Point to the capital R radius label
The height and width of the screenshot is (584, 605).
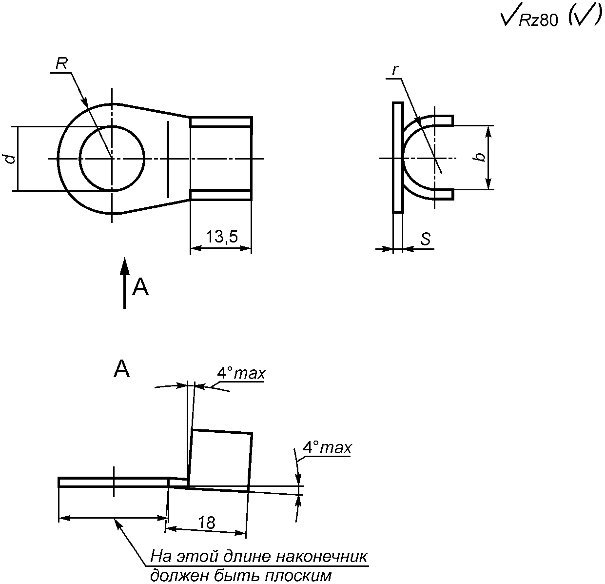pyautogui.click(x=61, y=64)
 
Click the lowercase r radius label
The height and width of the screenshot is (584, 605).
pyautogui.click(x=395, y=71)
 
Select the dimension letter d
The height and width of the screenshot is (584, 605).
pyautogui.click(x=11, y=159)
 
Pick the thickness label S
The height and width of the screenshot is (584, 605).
pyautogui.click(x=426, y=239)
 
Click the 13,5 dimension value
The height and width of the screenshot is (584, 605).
pyautogui.click(x=222, y=237)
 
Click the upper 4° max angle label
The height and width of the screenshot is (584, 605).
pyautogui.click(x=241, y=373)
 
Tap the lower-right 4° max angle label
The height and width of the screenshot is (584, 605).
pyautogui.click(x=328, y=448)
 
